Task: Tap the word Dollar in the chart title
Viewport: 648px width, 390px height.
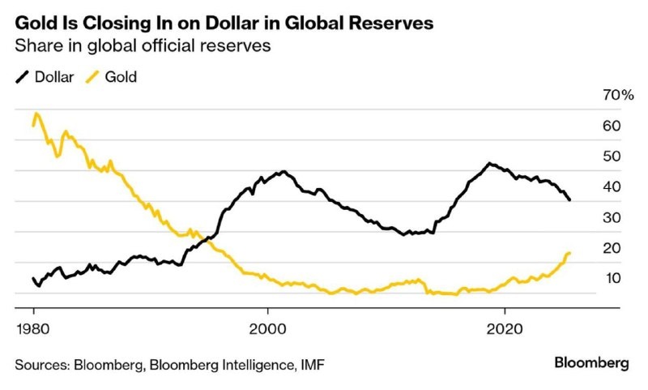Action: (221, 24)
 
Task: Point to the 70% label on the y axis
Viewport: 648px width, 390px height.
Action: (617, 96)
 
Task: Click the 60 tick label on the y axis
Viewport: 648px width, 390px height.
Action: (612, 126)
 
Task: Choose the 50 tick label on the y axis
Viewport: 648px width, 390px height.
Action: (612, 156)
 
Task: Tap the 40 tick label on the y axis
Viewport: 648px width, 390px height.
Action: (612, 186)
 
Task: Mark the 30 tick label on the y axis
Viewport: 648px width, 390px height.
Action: (612, 217)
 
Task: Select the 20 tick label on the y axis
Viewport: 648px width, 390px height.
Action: (612, 248)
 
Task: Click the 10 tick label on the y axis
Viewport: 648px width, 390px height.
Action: (612, 278)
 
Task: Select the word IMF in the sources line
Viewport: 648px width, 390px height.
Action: (313, 363)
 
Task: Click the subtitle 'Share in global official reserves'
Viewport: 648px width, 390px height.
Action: (143, 47)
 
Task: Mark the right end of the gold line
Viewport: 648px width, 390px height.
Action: (570, 254)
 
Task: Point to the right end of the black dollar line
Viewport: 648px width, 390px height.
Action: (570, 199)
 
